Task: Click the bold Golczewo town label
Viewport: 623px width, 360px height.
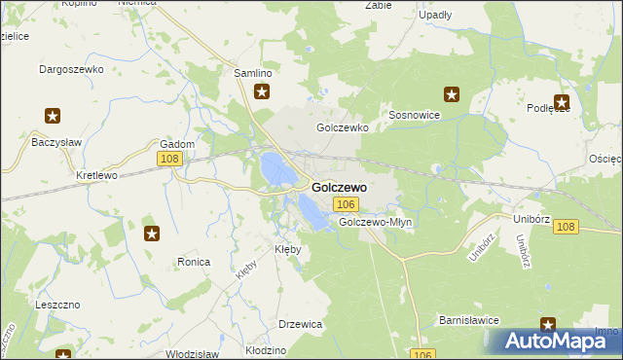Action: click(339, 187)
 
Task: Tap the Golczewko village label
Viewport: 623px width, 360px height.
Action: click(341, 127)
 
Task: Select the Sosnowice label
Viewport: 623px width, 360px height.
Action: click(415, 115)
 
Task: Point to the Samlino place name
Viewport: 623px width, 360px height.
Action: click(252, 73)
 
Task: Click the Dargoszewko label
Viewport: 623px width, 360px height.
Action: click(69, 69)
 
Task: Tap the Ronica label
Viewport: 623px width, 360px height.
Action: click(195, 262)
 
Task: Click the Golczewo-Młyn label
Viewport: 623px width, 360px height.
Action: click(376, 222)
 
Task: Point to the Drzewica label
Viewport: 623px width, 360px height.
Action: click(300, 324)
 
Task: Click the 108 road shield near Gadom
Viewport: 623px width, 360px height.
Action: click(169, 159)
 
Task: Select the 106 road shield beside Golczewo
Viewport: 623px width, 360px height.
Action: click(346, 204)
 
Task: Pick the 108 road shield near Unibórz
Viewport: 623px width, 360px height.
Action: click(567, 227)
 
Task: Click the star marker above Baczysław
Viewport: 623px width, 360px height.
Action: click(53, 116)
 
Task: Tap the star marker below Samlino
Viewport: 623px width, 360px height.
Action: click(262, 93)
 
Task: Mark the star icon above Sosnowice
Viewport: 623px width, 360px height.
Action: click(451, 94)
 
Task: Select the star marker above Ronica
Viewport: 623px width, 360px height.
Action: click(152, 234)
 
